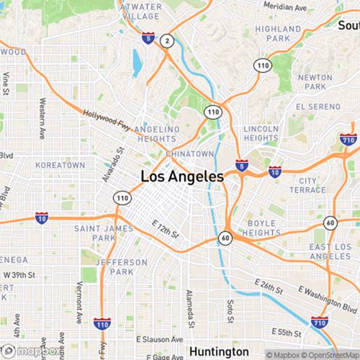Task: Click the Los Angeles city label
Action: (x=181, y=176)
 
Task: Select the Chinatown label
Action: (x=190, y=154)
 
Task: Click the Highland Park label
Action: (x=277, y=33)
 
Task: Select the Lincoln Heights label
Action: (x=261, y=132)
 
